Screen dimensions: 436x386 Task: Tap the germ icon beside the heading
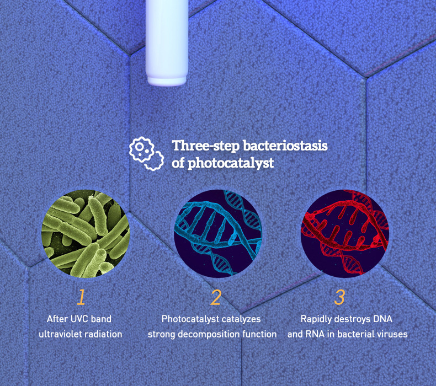146,153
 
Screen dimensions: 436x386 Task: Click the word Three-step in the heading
206,146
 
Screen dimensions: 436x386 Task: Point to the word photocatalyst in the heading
231,163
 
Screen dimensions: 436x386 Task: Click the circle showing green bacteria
86,233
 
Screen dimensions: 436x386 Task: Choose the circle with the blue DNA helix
218,233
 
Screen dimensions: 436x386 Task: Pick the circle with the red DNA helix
345,233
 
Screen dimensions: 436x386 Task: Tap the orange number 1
81,297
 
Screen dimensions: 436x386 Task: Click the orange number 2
216,297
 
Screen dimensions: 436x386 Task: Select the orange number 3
339,297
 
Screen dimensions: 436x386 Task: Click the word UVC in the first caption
79,319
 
